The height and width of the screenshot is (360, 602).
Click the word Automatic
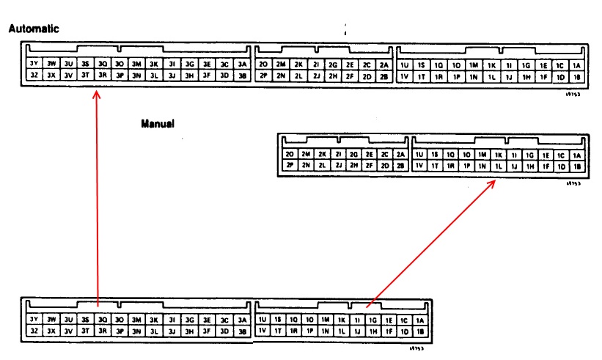pos(33,29)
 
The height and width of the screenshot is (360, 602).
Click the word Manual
pos(158,124)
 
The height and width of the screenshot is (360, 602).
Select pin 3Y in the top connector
pos(34,64)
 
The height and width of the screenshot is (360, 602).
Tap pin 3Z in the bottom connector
pos(34,331)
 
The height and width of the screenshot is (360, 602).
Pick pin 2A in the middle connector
pos(400,154)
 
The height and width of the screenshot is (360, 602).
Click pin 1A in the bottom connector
pos(419,320)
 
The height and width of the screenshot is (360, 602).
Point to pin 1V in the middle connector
pos(419,166)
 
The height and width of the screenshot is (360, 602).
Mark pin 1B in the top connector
pos(576,76)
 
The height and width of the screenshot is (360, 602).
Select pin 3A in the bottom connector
pos(242,320)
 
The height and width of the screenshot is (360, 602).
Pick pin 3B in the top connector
pos(243,76)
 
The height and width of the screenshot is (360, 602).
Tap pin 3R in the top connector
pos(103,76)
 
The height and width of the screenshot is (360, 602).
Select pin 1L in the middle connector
pos(498,166)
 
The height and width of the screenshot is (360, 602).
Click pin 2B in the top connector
pos(384,76)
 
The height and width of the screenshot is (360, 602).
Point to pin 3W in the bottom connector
pos(51,320)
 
